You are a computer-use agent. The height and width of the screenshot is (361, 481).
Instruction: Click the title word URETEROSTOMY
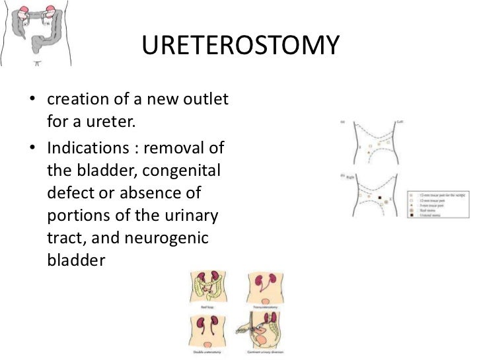pyautogui.click(x=240, y=46)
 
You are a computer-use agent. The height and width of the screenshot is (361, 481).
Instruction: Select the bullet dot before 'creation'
pyautogui.click(x=31, y=102)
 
